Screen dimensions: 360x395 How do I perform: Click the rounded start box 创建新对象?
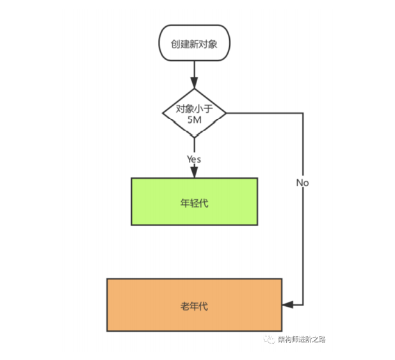point(193,44)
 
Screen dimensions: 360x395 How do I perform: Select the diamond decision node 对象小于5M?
point(194,113)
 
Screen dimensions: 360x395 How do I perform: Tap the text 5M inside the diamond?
point(194,119)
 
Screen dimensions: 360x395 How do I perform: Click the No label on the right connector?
point(303,183)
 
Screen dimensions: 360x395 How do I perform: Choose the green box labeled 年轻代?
point(194,202)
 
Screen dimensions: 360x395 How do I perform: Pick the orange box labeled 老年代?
point(194,305)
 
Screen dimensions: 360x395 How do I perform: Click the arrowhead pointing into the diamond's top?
point(194,84)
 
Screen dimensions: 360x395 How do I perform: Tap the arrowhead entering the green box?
point(194,172)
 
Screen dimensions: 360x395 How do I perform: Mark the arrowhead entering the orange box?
point(287,305)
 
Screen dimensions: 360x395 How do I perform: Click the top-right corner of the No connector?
point(303,113)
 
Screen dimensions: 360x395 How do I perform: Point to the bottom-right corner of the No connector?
point(303,305)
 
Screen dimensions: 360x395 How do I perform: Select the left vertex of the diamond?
point(162,113)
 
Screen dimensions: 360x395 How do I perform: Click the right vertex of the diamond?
point(227,113)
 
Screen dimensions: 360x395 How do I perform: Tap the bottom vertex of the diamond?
point(194,137)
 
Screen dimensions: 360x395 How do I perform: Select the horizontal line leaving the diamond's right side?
point(264,113)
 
